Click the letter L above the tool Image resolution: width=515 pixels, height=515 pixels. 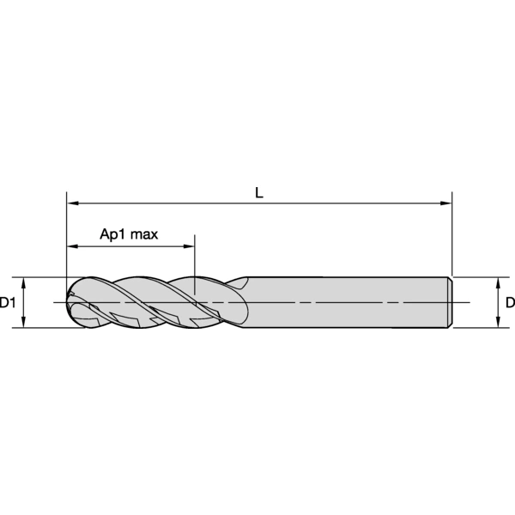(259, 193)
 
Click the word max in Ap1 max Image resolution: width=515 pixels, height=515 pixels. (144, 234)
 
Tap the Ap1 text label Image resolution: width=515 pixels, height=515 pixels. (112, 234)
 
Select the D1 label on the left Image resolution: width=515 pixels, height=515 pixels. (7, 302)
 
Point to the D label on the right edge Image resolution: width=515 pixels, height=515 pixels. (511, 302)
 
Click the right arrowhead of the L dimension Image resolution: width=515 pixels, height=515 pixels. (445, 203)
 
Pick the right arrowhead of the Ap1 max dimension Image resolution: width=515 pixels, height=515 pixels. (189, 246)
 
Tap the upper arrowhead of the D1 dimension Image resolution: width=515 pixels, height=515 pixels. (23, 282)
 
